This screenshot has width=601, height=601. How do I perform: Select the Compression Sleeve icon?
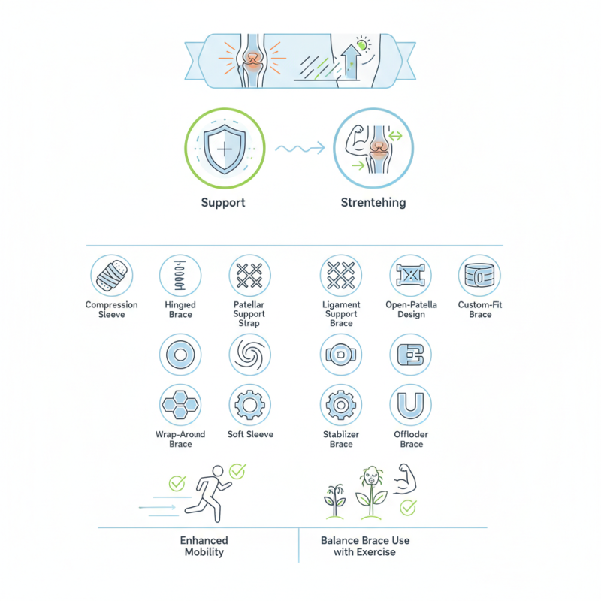(111, 276)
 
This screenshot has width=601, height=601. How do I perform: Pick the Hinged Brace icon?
(180, 276)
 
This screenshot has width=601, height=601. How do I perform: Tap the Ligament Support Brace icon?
(341, 276)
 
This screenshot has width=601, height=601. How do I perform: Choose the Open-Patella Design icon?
(411, 276)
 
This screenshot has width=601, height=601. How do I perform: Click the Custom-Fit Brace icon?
(479, 276)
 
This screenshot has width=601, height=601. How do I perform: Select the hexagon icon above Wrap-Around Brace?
(180, 406)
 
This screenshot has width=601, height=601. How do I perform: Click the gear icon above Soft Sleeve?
(249, 406)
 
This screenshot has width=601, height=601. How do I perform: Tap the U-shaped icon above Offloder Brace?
(411, 406)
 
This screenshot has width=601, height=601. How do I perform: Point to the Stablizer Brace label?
(341, 439)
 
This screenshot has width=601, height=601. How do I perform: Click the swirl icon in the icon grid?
(249, 354)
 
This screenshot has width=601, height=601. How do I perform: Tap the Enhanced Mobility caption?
(204, 546)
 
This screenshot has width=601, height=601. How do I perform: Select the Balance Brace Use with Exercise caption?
(365, 546)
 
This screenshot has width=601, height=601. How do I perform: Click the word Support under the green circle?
(223, 203)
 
